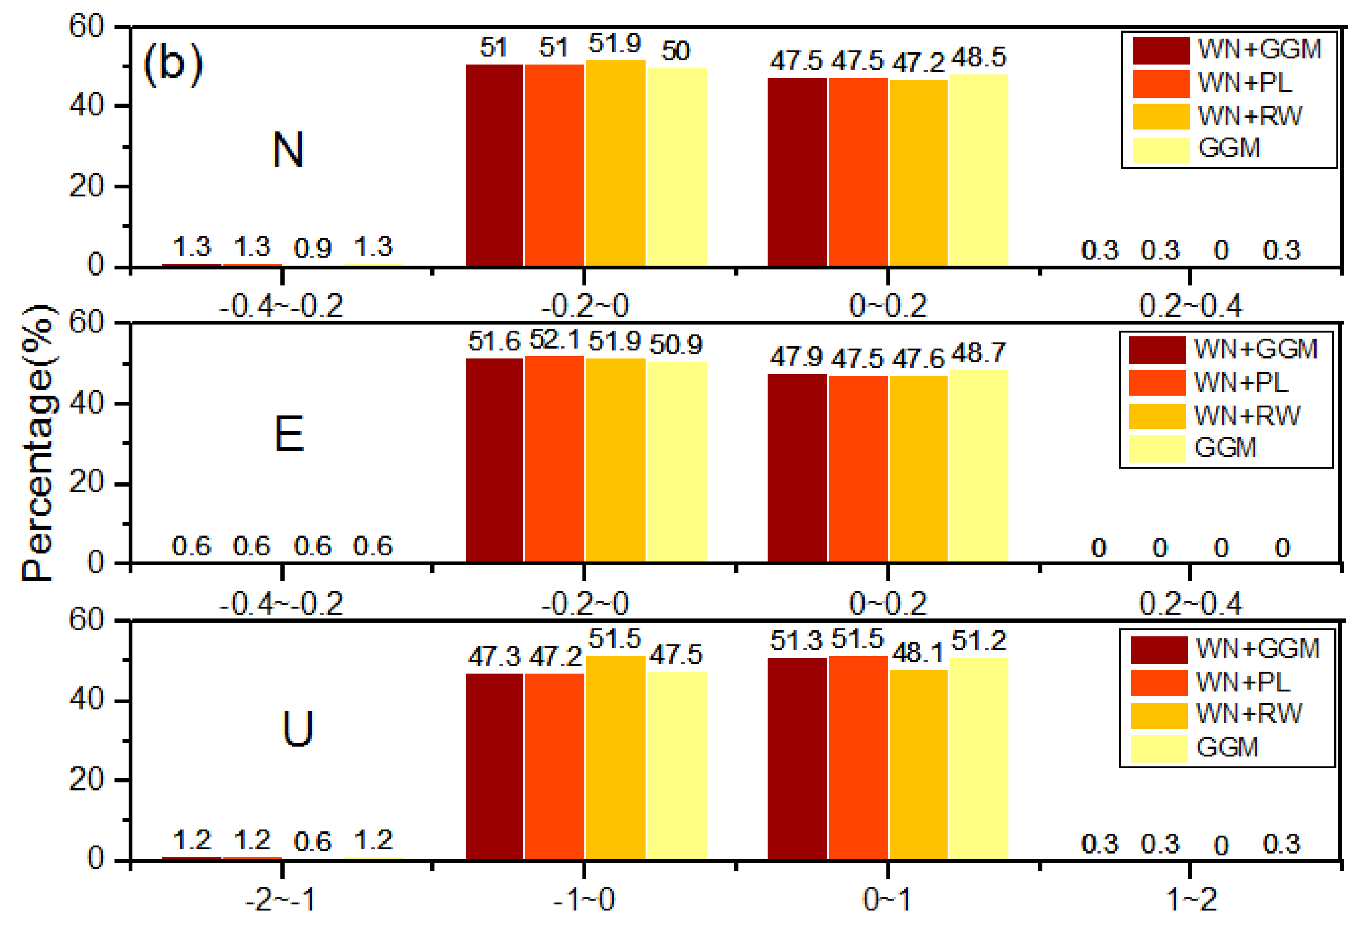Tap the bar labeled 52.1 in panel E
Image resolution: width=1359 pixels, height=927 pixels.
tap(554, 459)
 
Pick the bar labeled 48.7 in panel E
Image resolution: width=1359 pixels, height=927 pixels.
tap(978, 466)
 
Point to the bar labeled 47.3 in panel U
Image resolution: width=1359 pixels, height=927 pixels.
tap(494, 767)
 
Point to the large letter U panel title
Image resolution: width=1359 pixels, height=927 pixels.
tap(298, 730)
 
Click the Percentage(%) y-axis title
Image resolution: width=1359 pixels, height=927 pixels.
tap(39, 443)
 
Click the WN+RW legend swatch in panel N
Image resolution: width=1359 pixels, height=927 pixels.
tap(1161, 116)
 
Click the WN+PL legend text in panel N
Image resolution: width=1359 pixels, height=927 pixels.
tap(1244, 82)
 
